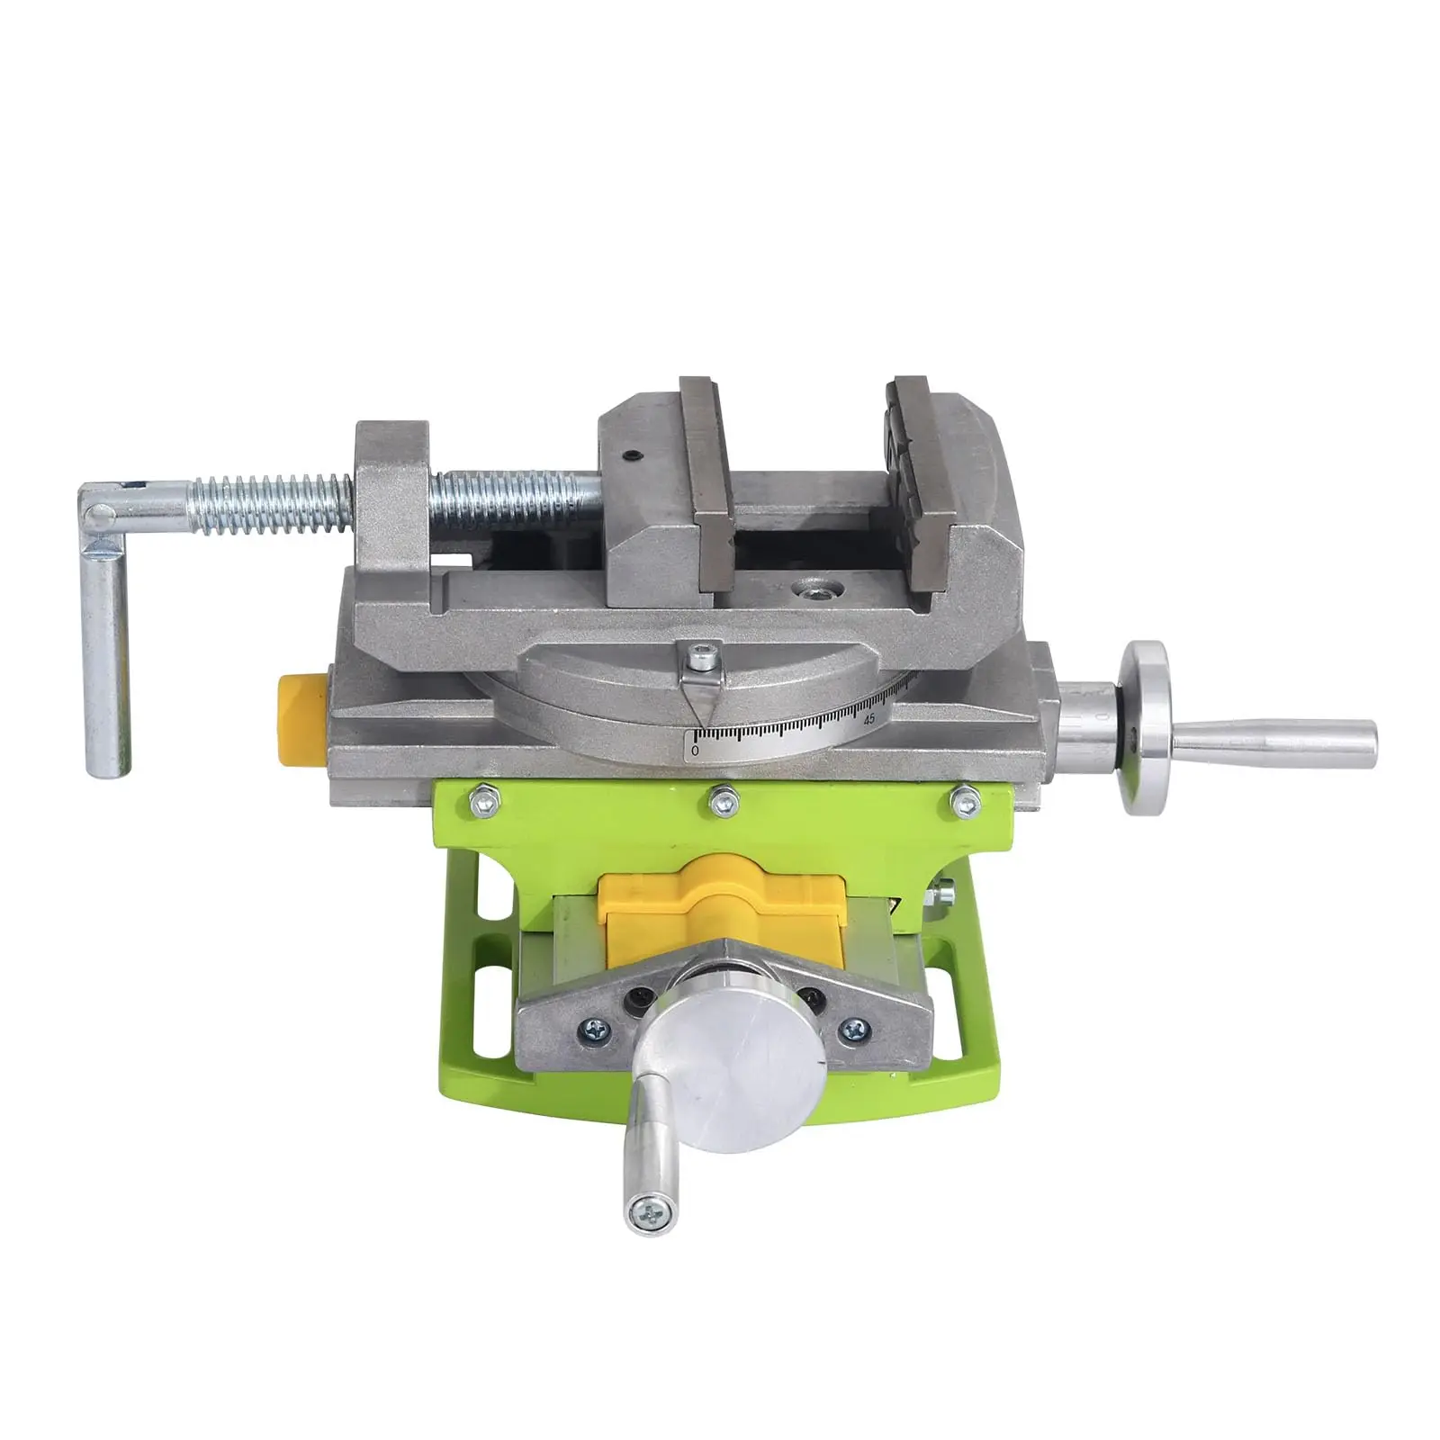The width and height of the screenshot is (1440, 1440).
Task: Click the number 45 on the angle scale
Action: coord(868,718)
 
